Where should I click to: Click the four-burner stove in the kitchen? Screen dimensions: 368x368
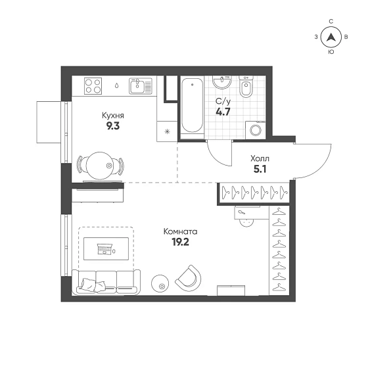[93, 86]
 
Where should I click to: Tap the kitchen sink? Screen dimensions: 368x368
[141, 86]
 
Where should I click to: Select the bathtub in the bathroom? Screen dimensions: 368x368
[193, 106]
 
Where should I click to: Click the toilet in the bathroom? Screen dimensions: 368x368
[246, 86]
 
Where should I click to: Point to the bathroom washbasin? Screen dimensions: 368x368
[222, 82]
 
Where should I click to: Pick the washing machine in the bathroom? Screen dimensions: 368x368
[256, 130]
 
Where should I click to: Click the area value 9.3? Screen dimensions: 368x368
[113, 126]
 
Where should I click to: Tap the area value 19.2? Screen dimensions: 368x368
[180, 242]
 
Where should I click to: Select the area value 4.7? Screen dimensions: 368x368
[223, 112]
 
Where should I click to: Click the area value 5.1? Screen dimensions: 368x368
[260, 169]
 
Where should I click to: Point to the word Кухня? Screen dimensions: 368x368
[113, 116]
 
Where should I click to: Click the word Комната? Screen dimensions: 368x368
[180, 231]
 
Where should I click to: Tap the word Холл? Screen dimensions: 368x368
[260, 158]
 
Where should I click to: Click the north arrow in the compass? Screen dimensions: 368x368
[331, 37]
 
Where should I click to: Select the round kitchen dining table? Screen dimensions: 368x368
[100, 166]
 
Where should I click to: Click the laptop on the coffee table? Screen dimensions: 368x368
[104, 249]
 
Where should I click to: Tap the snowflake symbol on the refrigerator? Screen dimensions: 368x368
[167, 131]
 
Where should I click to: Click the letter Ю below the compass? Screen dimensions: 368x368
[331, 52]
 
